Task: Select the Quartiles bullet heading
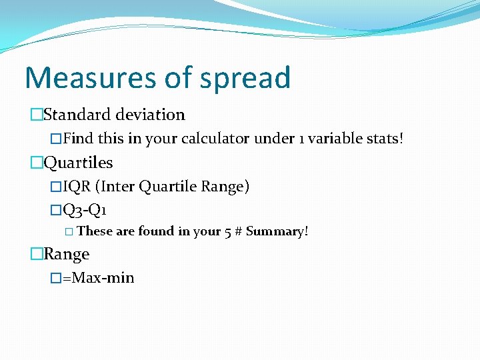point(78,163)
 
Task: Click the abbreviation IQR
point(79,187)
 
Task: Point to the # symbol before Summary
point(237,232)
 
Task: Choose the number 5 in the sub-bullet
point(227,232)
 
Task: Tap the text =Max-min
point(98,277)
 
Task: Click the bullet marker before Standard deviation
point(36,115)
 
